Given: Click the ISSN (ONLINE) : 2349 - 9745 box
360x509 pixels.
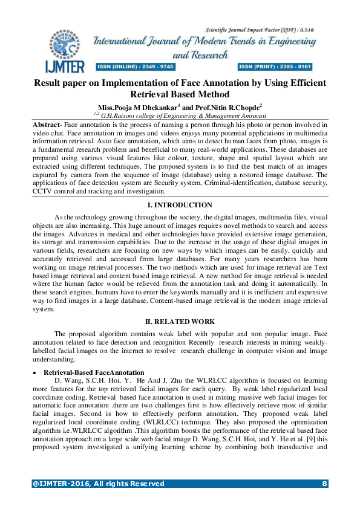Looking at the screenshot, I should pyautogui.click(x=136, y=66).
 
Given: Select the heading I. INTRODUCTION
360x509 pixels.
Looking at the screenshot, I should pyautogui.click(x=180, y=206).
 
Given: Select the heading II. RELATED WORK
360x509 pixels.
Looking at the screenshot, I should pyautogui.click(x=180, y=321).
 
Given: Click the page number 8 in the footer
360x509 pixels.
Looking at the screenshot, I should pyautogui.click(x=324, y=484).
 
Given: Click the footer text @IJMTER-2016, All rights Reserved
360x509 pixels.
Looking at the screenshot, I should pyautogui.click(x=98, y=484).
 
